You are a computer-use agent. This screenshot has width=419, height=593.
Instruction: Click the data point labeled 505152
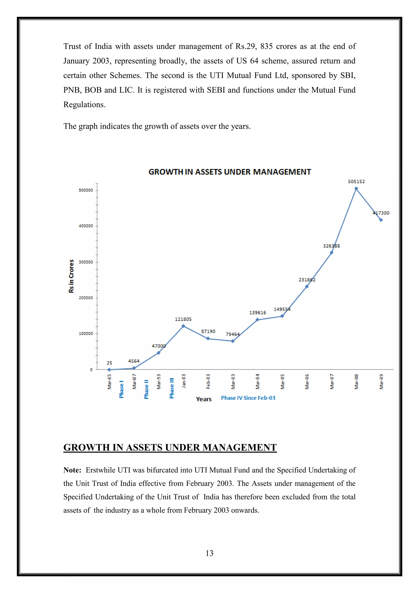[x=356, y=189]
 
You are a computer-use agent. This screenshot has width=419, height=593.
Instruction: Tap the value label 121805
[x=183, y=319]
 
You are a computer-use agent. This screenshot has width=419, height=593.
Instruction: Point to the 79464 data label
[x=232, y=334]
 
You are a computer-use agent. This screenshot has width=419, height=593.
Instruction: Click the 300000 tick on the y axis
[x=86, y=262]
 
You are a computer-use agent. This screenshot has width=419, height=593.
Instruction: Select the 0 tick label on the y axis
[x=91, y=370]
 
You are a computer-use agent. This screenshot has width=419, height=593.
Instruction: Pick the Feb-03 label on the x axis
[x=208, y=381]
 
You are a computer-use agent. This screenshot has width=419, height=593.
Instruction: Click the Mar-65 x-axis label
[x=109, y=381]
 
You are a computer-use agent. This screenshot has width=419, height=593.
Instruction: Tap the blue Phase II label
[x=146, y=389]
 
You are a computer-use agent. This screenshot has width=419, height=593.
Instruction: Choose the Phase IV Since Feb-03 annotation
[x=248, y=398]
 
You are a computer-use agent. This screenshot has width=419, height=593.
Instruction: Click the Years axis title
[x=204, y=399]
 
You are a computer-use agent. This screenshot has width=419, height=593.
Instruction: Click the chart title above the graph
[x=230, y=172]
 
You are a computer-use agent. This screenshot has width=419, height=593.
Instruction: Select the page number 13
[x=209, y=553]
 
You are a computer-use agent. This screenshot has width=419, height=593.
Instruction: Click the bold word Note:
[x=72, y=470]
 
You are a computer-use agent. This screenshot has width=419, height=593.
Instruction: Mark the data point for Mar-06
[x=306, y=286]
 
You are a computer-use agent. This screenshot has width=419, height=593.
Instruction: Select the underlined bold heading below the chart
[x=170, y=447]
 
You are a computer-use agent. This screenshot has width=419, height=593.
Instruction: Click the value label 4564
[x=134, y=361]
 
